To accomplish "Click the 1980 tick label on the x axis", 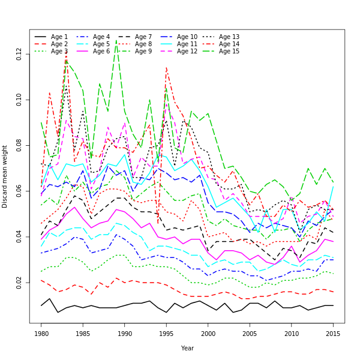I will (x=41, y=333).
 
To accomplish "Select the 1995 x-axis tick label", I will (x=166, y=333).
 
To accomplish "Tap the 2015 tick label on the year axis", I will (x=333, y=333).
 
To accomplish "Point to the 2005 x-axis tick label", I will (x=250, y=333).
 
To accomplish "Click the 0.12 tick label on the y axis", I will (x=20, y=55).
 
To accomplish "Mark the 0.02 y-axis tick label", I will (x=20, y=283).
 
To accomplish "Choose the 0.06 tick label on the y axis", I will (x=20, y=191).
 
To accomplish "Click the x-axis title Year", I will (x=187, y=348).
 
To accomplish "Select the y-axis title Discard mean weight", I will (x=5, y=176).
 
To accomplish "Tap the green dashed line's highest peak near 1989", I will (x=116, y=41).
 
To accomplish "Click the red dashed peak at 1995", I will (x=166, y=67).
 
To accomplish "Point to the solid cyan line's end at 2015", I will (x=333, y=187).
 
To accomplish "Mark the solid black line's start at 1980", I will (x=41, y=305).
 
